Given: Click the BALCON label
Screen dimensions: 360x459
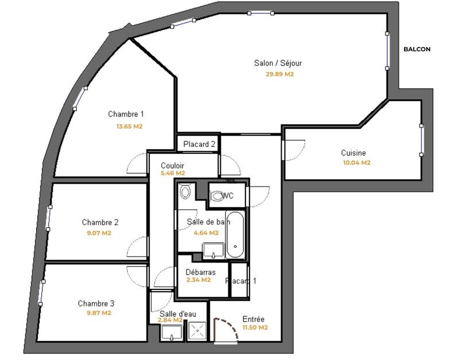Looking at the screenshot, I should point(417,49).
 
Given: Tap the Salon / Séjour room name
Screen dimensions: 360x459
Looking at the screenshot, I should point(278,63).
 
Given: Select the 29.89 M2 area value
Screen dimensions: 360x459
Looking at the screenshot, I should point(279,75).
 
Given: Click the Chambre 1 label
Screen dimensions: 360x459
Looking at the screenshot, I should point(126,114).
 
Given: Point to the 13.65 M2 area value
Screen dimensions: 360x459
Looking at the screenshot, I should point(129,126).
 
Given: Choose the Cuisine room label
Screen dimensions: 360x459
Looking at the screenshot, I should point(353,153).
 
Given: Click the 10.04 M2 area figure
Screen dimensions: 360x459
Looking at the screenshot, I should point(356,162).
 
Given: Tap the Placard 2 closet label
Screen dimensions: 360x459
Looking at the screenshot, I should point(199,144).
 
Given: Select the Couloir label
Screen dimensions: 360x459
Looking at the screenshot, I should point(172,165).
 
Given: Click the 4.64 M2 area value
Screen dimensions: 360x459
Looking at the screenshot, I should point(206,233).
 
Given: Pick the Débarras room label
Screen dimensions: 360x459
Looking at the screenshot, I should point(201,272).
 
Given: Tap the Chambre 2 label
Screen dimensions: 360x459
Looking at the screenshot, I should point(100,222).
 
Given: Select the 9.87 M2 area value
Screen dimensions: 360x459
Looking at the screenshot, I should point(98,313).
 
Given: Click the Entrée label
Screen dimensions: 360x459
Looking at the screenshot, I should point(254,319).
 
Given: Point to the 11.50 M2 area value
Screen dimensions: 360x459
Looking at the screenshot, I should point(255,328).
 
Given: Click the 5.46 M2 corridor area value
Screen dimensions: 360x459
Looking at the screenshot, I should point(173,173).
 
